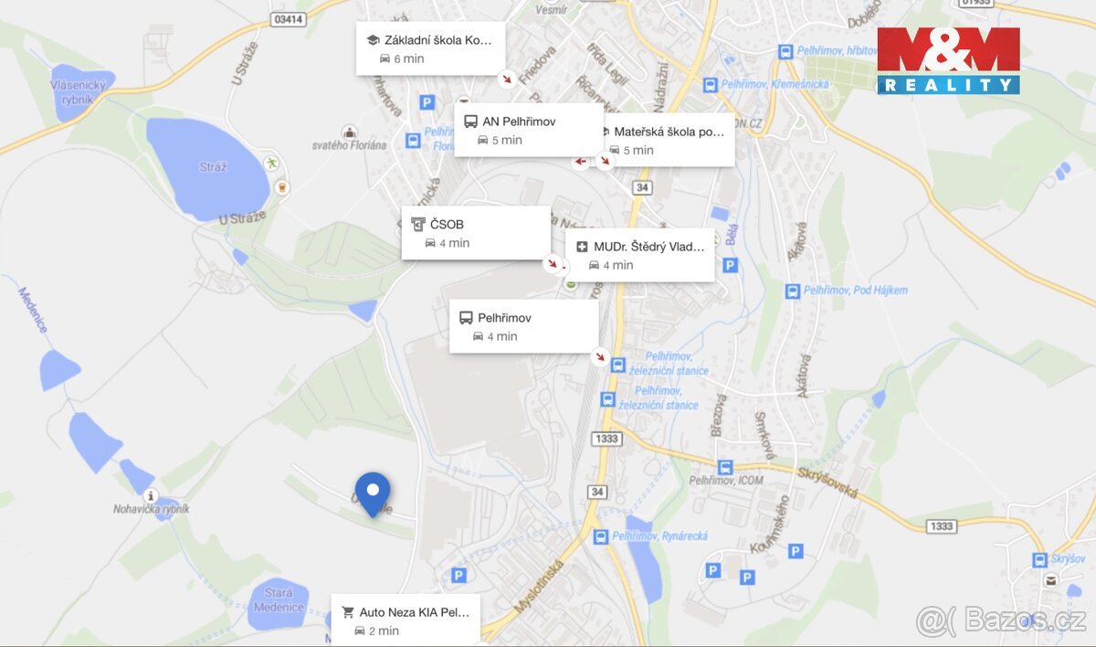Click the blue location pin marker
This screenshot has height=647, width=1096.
[373, 492]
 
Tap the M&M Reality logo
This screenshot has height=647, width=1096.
[948, 60]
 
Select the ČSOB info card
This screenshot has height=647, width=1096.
[476, 233]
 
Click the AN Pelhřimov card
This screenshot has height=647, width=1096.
[529, 130]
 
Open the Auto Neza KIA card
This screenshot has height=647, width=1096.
[406, 620]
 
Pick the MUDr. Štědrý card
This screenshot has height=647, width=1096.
[640, 255]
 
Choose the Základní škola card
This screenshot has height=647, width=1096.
[430, 48]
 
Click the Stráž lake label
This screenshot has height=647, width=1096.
[213, 167]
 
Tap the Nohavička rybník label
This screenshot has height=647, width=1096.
[152, 509]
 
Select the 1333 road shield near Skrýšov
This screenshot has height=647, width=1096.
[941, 526]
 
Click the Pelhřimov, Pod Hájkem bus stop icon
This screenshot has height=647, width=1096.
[792, 292]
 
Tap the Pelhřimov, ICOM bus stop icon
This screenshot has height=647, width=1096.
[724, 467]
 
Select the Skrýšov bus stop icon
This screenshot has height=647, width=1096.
[1039, 559]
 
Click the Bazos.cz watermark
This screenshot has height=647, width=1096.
[1000, 620]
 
